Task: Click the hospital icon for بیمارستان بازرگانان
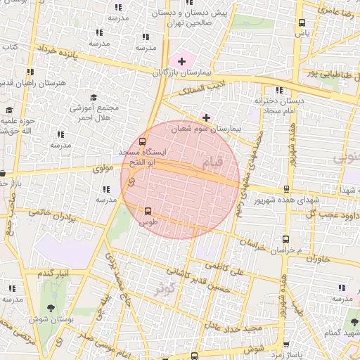coord(182,62)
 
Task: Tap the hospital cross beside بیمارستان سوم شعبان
coord(206,117)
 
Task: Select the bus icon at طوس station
coord(148,211)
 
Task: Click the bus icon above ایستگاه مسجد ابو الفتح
coord(143,141)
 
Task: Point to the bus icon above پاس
coord(302,22)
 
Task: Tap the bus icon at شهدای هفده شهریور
coord(285,189)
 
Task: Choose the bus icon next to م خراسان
coord(285,240)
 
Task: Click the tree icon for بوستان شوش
coord(50,309)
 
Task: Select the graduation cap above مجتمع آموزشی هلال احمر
coord(94,98)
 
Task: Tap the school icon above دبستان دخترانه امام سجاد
coord(279,90)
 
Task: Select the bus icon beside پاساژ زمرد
coord(285,345)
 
